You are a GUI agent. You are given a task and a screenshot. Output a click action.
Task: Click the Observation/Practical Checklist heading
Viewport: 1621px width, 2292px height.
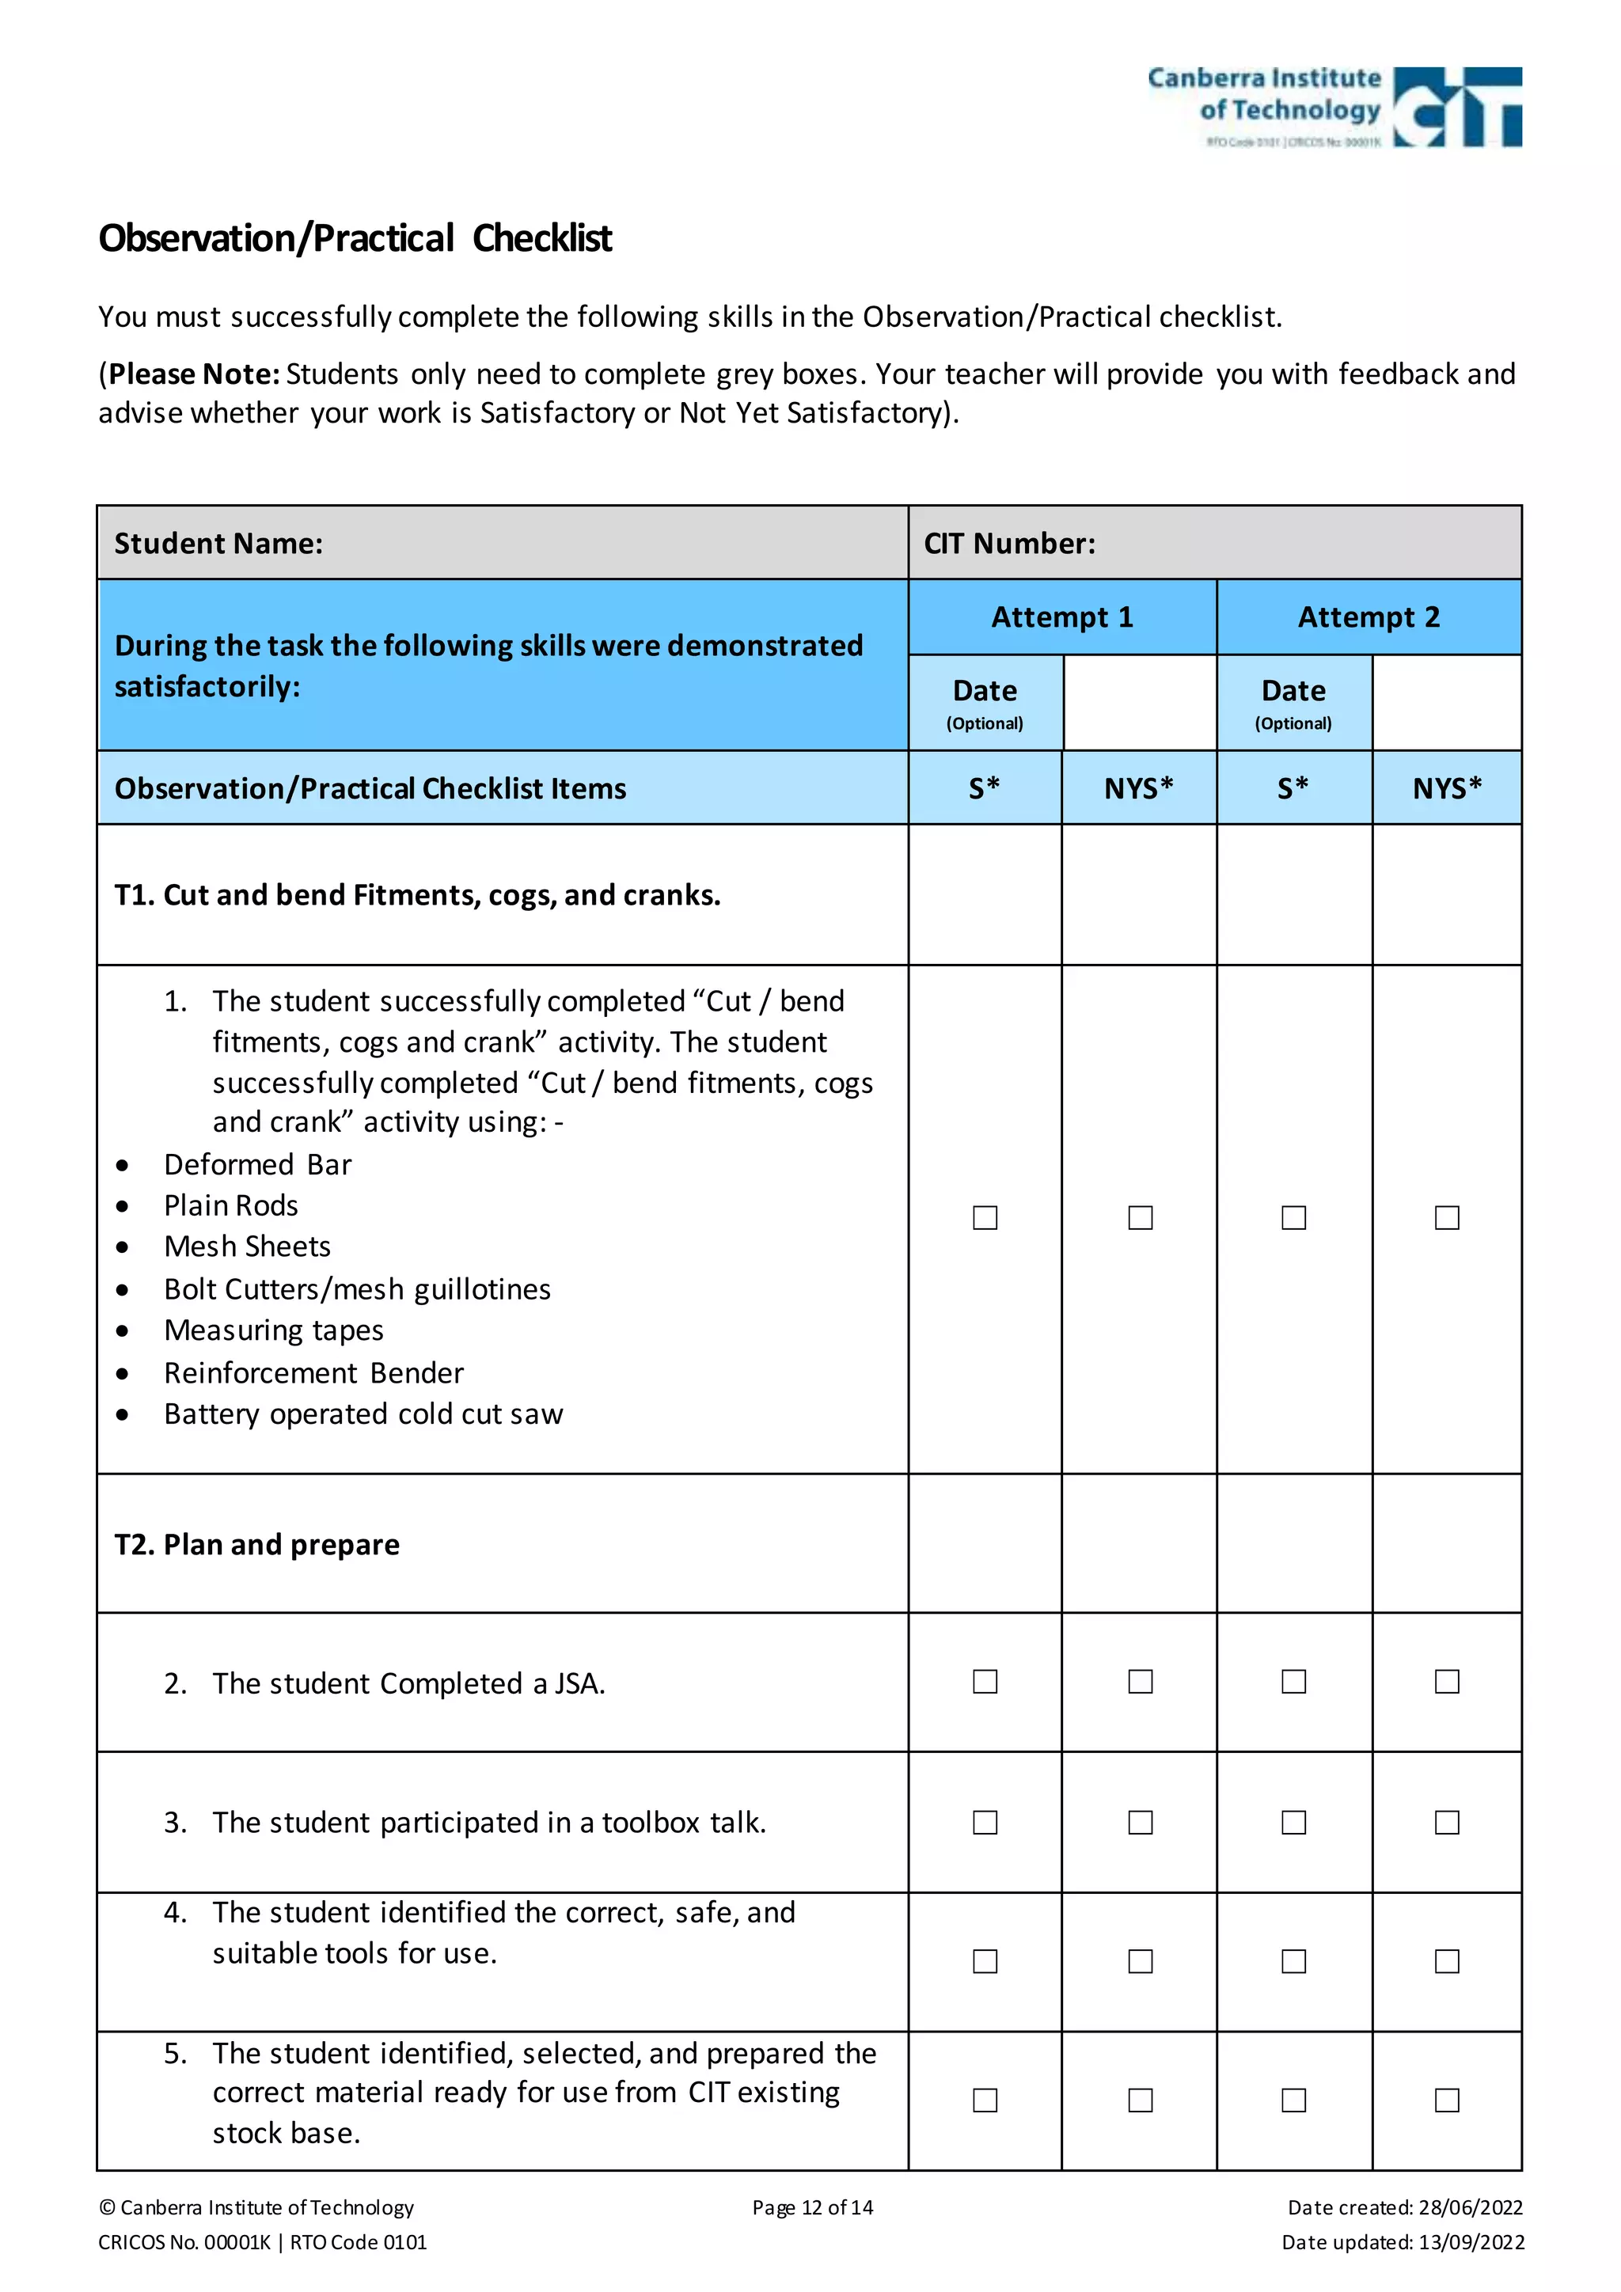[x=355, y=238]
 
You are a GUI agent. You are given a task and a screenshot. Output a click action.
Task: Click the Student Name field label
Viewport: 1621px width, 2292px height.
[x=218, y=543]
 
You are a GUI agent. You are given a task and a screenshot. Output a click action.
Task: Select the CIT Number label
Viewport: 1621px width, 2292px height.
[x=1009, y=543]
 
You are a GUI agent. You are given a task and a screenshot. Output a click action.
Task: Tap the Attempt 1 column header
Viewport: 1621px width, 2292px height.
[x=1062, y=617]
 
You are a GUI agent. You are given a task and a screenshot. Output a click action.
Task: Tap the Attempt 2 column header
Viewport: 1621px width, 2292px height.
[x=1369, y=617]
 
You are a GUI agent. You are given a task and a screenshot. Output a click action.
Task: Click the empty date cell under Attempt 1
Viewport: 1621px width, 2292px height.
[x=1140, y=703]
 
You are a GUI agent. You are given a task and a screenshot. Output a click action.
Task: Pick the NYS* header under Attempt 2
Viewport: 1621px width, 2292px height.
[x=1446, y=788]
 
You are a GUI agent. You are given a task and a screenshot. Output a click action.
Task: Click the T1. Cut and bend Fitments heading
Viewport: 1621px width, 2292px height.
[x=417, y=894]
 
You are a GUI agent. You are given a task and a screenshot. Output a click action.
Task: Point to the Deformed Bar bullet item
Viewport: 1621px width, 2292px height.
[x=257, y=1165]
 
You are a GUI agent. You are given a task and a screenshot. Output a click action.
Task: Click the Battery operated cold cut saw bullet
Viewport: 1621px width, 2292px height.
[x=363, y=1414]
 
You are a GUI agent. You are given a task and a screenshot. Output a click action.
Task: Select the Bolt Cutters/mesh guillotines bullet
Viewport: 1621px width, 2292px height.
[x=357, y=1290]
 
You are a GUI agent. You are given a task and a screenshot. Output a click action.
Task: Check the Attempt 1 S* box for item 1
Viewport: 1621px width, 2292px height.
[x=985, y=1218]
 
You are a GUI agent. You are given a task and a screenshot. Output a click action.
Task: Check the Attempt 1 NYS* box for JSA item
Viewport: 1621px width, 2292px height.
[x=1140, y=1682]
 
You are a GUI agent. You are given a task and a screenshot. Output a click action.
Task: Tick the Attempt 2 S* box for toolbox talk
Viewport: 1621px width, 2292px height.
[x=1293, y=1823]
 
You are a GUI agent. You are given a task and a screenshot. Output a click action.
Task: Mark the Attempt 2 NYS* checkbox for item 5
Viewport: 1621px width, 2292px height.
[x=1446, y=2100]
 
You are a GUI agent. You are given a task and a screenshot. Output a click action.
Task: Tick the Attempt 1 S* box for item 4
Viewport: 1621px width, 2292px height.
[x=985, y=1962]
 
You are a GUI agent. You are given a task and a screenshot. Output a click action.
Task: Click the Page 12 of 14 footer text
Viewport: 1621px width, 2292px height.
[x=813, y=2207]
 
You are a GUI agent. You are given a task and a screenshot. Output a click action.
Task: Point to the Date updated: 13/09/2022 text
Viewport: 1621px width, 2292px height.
[x=1403, y=2242]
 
